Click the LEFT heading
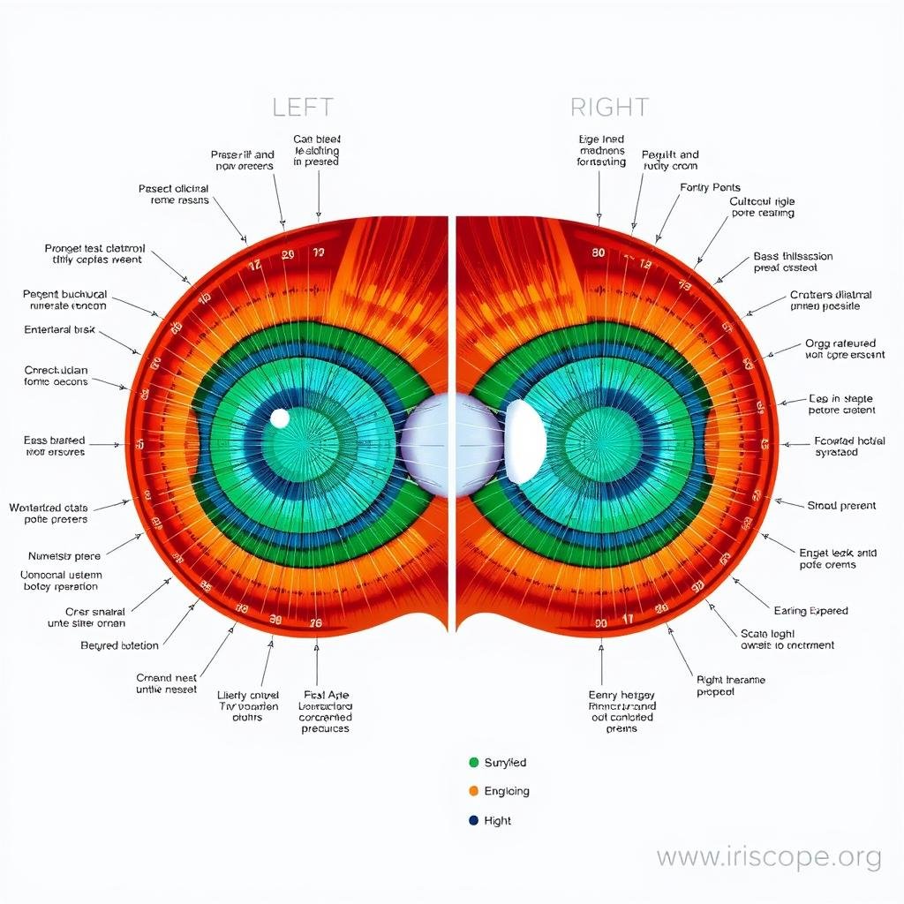coord(302,108)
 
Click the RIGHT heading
coord(609,108)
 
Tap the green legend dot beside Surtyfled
coord(474,762)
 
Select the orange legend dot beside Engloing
coord(474,791)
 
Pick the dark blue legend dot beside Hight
coord(474,820)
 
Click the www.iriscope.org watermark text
coord(769,856)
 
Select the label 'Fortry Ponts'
coord(710,187)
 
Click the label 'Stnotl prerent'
coord(841,506)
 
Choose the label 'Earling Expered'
coord(810,610)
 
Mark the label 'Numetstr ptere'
coord(64,556)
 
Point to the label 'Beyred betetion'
coord(119,645)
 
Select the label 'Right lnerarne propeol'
coord(730,686)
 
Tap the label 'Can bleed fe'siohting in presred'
coord(316,150)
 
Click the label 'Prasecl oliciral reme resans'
coord(174,194)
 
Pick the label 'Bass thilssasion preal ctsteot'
coord(793,262)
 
